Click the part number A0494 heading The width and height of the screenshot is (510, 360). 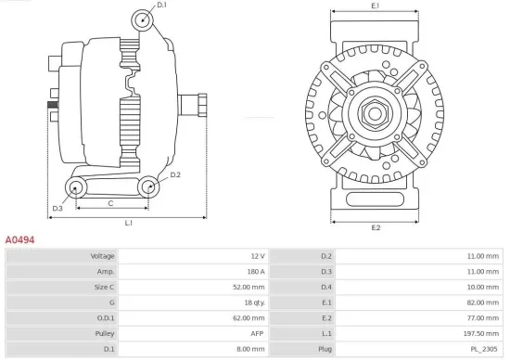coord(19,239)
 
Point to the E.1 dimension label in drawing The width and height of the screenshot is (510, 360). coord(376,6)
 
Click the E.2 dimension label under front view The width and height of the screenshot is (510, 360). coord(376,227)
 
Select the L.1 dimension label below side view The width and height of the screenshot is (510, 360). coord(128,224)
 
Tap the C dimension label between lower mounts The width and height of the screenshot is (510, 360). coord(110,202)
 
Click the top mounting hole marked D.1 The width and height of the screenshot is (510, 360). coord(140,19)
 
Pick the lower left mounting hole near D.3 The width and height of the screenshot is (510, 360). coord(76,188)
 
